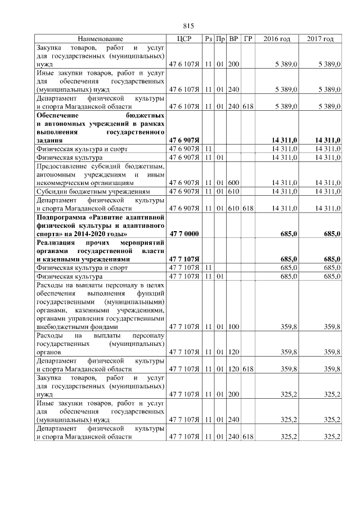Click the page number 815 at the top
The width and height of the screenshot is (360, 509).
188,26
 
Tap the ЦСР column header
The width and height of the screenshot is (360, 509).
184,39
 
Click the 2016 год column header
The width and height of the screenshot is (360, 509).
277,39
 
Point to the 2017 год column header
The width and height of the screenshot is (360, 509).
320,39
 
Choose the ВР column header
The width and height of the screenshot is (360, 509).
234,39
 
